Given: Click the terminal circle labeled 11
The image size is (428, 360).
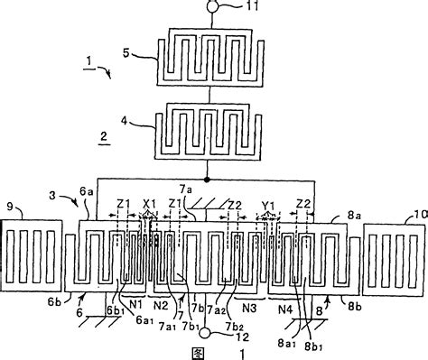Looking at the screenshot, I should pos(211,7).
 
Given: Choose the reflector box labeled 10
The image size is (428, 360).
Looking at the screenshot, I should pos(394,258).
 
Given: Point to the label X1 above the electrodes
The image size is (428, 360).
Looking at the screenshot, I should pos(150,204).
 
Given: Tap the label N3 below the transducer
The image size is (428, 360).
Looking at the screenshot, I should pos(250,308).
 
